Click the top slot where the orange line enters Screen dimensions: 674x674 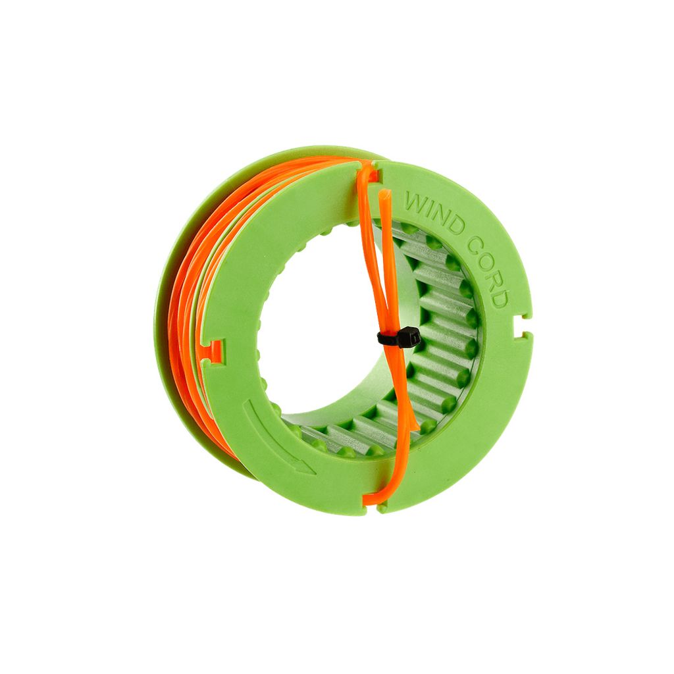tap(373, 172)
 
